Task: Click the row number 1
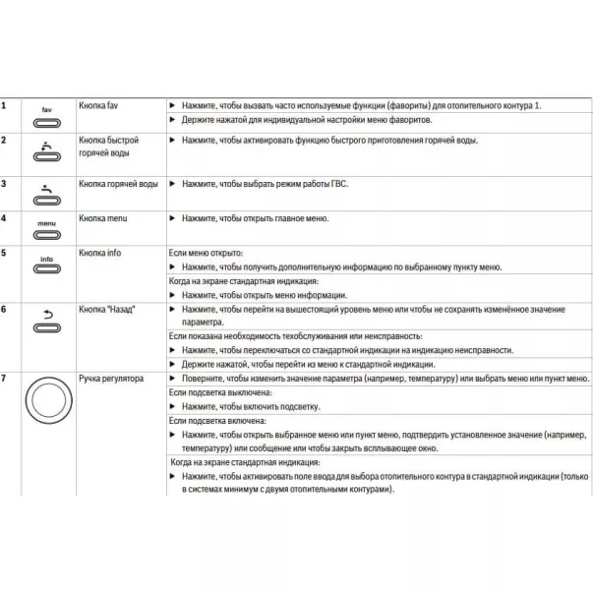point(5,104)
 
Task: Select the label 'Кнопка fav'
point(99,104)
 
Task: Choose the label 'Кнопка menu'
point(104,217)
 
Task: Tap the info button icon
point(46,267)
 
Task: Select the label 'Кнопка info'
point(100,253)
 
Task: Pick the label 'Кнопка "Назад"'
point(107,309)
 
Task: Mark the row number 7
point(5,378)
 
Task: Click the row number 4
point(5,217)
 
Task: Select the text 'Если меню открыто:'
point(206,253)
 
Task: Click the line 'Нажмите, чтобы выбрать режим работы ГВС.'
point(265,184)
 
